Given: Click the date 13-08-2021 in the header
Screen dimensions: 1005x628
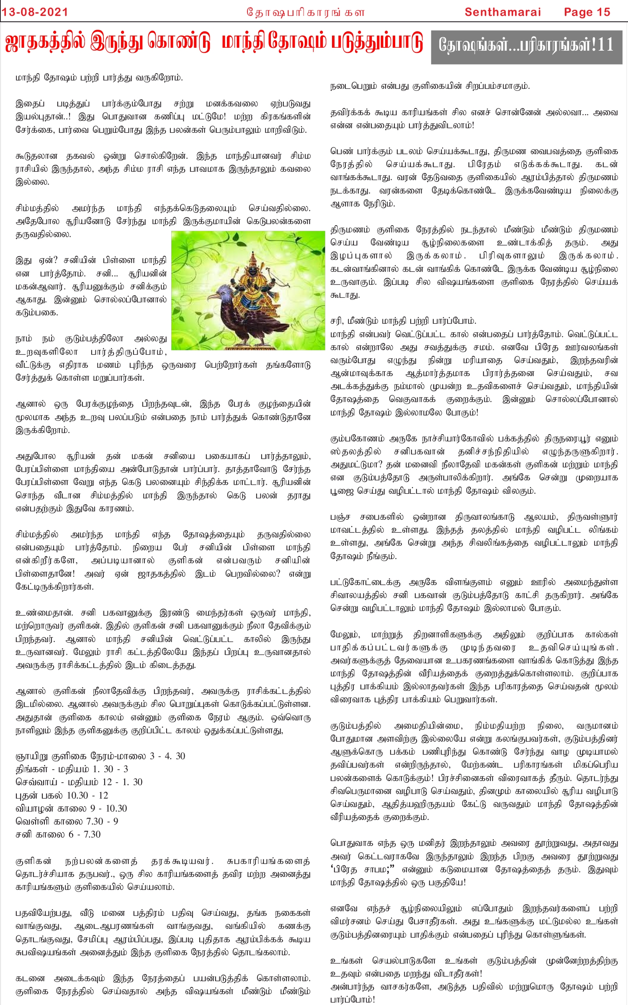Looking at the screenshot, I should pyautogui.click(x=35, y=12).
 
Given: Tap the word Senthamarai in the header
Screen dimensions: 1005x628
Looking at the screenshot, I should pyautogui.click(x=503, y=12).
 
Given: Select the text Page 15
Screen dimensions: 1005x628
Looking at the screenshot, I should pyautogui.click(x=587, y=12).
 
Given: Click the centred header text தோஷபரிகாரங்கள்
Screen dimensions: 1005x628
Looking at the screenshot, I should pyautogui.click(x=306, y=13).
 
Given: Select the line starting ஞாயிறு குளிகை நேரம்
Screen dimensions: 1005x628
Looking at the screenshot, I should pyautogui.click(x=100, y=756).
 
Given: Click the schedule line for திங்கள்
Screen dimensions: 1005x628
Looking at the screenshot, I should pyautogui.click(x=72, y=769).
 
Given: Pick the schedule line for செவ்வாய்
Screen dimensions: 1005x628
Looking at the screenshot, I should pyautogui.click(x=79, y=782).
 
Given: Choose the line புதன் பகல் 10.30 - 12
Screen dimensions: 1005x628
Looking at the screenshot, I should pyautogui.click(x=62, y=795).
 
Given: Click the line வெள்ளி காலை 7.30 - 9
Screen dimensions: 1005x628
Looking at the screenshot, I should pyautogui.click(x=67, y=821).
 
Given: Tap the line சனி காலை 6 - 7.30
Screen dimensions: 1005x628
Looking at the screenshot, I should pyautogui.click(x=58, y=834).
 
